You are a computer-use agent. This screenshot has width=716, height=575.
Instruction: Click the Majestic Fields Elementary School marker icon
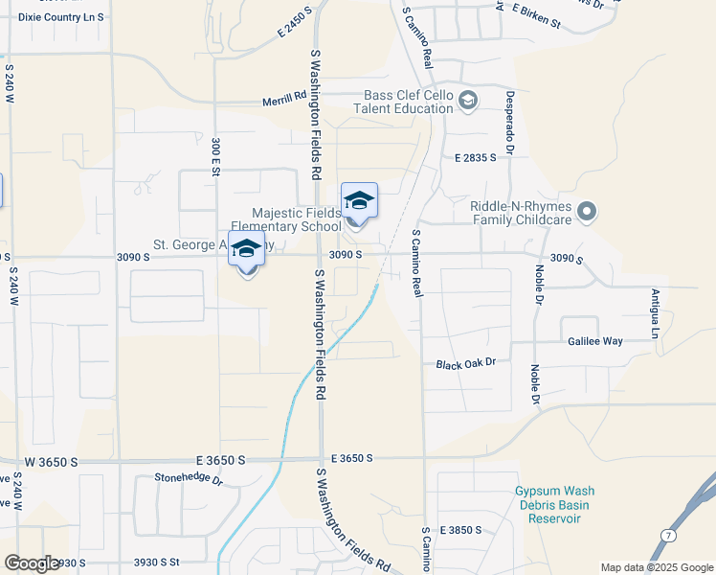pos(359,202)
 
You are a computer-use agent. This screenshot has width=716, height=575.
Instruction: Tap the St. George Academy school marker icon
pos(246,250)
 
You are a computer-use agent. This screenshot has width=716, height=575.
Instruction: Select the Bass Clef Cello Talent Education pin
pos(468,101)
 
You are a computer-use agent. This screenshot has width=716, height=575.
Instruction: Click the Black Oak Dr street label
pos(465,363)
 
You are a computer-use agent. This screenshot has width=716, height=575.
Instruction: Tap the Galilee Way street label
pos(594,341)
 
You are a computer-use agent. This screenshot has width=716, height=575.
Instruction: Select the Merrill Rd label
pos(284,101)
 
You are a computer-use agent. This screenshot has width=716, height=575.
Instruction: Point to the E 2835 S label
pos(476,156)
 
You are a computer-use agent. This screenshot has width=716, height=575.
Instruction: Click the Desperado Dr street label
pos(510,123)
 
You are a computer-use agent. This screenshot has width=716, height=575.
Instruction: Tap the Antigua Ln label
pos(656,313)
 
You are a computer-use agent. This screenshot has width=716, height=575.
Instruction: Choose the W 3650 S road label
pos(50,462)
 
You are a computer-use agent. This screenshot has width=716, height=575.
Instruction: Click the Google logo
pos(31,563)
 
